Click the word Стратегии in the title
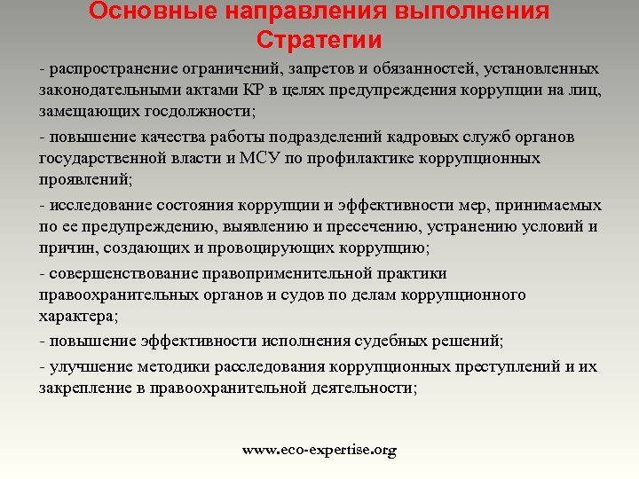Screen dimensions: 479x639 pos(319,40)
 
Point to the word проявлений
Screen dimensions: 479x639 pos(84,180)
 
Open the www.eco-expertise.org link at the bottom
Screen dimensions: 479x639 pos(319,451)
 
